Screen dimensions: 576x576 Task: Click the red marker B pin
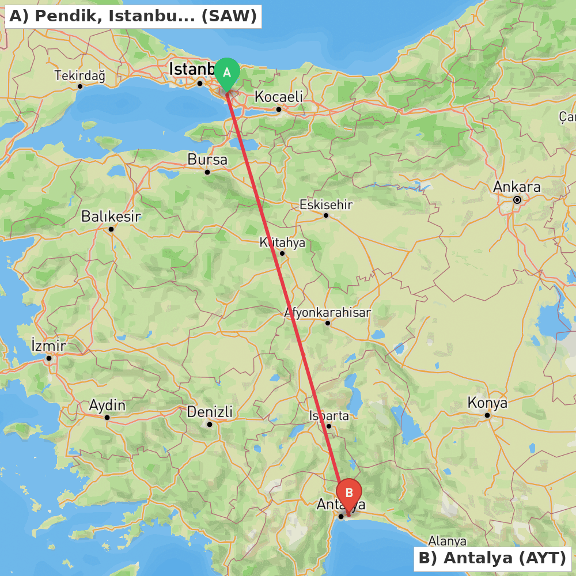pos(348,494)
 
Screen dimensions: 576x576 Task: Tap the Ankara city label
pos(517,187)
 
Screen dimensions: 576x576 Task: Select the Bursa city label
pos(207,160)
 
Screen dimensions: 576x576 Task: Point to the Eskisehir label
pos(325,204)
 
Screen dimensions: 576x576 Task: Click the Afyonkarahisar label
pos(327,312)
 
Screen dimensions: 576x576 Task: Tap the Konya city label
pos(487,403)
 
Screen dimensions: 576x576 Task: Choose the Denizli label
pos(210,412)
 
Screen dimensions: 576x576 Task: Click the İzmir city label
pos(48,346)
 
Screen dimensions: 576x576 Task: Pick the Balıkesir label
pos(111,217)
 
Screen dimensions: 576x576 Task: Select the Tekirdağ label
pos(79,75)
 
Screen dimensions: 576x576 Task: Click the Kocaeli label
pos(278,97)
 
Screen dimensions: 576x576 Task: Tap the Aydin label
pos(107,405)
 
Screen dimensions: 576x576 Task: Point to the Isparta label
pos(329,415)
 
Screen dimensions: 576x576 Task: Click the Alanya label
pos(447,541)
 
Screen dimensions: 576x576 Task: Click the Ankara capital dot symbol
pos(517,200)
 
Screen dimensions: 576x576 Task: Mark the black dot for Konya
pos(487,415)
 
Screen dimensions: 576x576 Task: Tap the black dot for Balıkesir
pos(111,229)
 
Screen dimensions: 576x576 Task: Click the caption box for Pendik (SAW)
pos(133,16)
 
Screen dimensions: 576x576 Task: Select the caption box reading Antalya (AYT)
pos(492,558)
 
